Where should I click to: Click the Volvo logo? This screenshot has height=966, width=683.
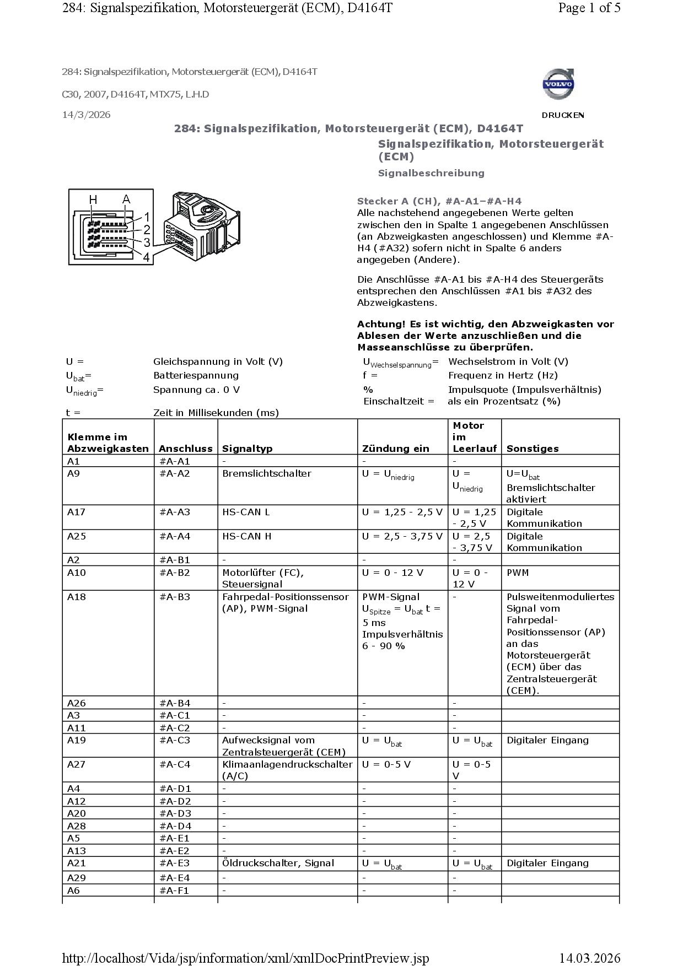click(559, 84)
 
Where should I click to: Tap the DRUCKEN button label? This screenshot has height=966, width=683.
click(563, 115)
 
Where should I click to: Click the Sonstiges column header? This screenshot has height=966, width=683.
click(533, 449)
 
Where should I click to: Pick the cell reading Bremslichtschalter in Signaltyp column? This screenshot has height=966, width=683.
click(267, 473)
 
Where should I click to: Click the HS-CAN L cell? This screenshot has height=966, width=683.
click(246, 512)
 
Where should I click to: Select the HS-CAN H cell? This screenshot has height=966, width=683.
click(247, 536)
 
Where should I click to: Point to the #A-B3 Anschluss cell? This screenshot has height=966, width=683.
click(174, 597)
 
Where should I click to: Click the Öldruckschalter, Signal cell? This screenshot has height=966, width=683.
click(278, 863)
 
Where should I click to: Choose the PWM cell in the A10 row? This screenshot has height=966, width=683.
click(518, 573)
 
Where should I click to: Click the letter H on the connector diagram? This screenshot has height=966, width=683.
click(93, 199)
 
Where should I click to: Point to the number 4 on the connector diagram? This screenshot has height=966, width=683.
click(146, 257)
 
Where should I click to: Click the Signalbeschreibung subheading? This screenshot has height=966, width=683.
click(431, 173)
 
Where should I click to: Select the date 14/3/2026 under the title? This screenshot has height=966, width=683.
click(86, 115)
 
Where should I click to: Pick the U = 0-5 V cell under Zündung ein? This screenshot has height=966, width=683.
click(386, 764)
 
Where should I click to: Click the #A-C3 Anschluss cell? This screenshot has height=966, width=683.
click(174, 740)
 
